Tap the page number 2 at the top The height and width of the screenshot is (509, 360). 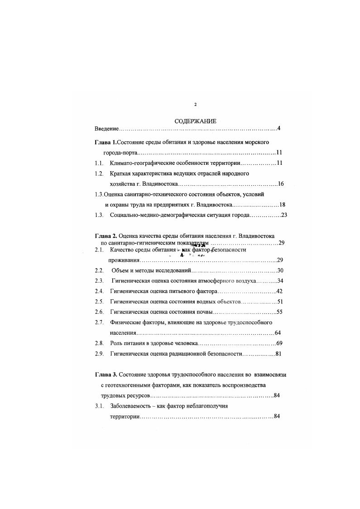195,105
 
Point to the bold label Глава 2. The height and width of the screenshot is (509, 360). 106,236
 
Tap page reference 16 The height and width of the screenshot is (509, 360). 281,184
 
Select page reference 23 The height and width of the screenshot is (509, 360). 284,215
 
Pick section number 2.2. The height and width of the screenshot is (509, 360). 99,270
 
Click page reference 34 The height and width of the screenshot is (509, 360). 280,281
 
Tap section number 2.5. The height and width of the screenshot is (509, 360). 99,301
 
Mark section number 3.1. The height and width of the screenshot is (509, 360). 99,406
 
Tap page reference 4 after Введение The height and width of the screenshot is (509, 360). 279,129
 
